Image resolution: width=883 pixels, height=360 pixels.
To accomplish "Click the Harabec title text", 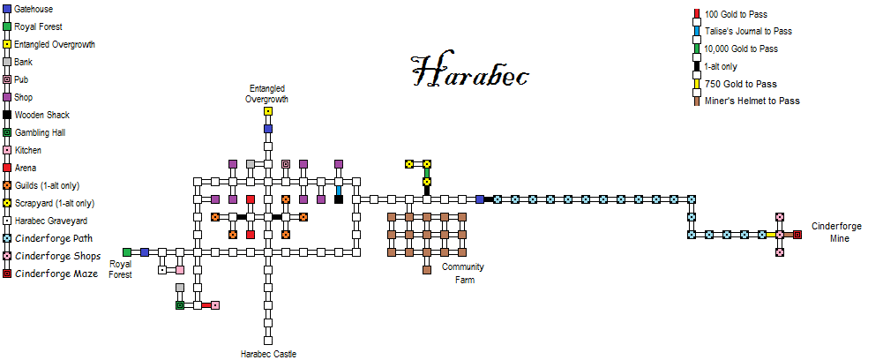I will [470, 72].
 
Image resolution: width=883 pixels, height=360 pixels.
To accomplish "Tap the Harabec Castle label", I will [268, 354].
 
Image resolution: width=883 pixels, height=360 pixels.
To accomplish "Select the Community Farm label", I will [463, 274].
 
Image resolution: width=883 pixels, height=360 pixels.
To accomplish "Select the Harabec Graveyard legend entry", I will [49, 221].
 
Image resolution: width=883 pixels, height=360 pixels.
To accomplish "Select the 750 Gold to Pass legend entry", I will [746, 84].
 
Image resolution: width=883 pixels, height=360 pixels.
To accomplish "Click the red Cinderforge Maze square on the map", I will [797, 235].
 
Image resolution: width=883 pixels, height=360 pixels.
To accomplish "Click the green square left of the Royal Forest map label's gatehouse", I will [127, 252].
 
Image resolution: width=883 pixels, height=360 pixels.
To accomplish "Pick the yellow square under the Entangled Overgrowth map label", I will [268, 111].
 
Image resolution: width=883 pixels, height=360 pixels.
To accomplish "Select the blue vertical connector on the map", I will [339, 189].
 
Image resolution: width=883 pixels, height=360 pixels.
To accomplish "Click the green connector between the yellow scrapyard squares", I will [427, 172].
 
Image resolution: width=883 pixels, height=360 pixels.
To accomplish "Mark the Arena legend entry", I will [26, 168].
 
